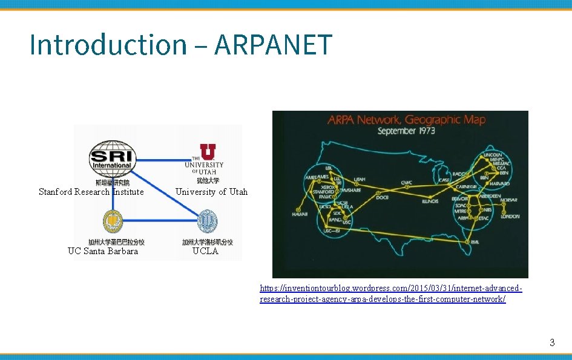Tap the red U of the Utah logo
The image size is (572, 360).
pyautogui.click(x=206, y=152)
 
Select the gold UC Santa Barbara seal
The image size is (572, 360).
pyautogui.click(x=113, y=221)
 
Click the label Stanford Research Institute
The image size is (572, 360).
pyautogui.click(x=91, y=192)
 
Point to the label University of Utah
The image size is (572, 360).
pyautogui.click(x=211, y=192)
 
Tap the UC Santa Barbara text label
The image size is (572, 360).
pyautogui.click(x=103, y=251)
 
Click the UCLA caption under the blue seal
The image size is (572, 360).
pyautogui.click(x=205, y=251)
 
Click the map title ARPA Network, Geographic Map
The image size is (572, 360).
pyautogui.click(x=406, y=119)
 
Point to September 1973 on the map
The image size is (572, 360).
pyautogui.click(x=406, y=131)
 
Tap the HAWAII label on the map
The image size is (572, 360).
pyautogui.click(x=300, y=214)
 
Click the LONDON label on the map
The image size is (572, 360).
pyautogui.click(x=510, y=216)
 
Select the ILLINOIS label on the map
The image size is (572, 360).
pyautogui.click(x=430, y=201)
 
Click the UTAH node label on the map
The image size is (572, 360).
pyautogui.click(x=360, y=179)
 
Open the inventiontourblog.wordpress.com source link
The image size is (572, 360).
pyautogui.click(x=390, y=294)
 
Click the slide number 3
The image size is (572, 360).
pyautogui.click(x=551, y=342)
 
